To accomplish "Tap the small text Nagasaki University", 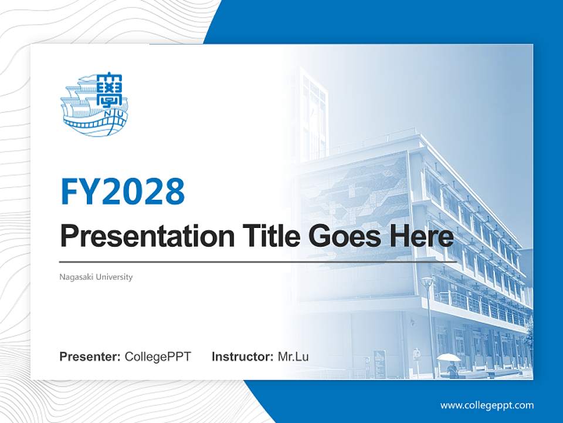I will coord(96,277).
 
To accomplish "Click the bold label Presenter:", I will coord(90,357).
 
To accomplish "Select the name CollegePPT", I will coord(158,357).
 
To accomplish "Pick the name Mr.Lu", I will coord(293,357).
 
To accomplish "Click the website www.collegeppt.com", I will coord(487,405).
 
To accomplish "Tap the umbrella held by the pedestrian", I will coord(449,357).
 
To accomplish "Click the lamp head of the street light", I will coord(427,281).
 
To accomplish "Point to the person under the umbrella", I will coord(452,370).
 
